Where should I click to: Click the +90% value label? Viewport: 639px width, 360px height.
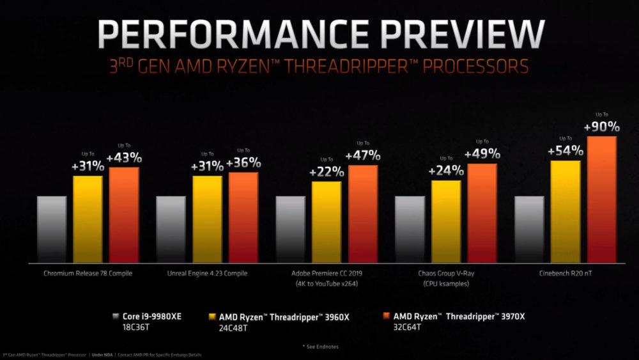coord(601,127)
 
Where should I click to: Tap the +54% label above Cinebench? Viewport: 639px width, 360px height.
coord(566,152)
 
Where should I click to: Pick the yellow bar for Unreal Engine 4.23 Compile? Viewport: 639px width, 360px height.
coord(207,219)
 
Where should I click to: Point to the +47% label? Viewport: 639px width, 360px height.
coord(363,155)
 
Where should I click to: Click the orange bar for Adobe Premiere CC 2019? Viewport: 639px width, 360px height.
coord(363,214)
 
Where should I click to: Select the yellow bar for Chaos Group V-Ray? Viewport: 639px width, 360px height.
coord(446,221)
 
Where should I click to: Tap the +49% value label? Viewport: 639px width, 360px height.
coord(482,154)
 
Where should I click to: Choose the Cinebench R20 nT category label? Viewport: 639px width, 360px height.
coord(566,274)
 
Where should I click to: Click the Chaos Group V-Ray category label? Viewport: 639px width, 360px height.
coord(446,274)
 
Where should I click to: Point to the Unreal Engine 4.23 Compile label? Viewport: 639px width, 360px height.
coord(207,274)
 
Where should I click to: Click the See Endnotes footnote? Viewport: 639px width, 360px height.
coord(320,346)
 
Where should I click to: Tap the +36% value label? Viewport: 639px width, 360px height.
coord(243,163)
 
